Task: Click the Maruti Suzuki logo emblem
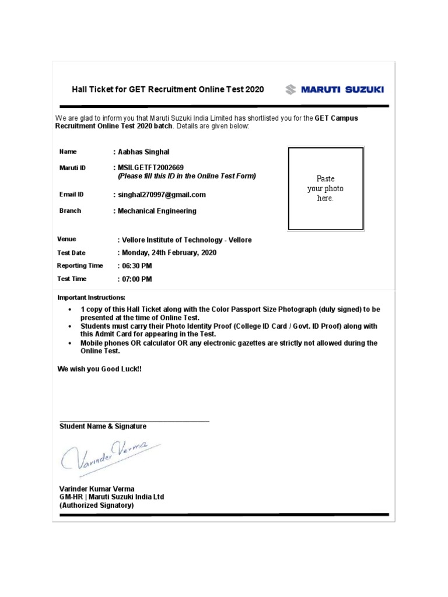(x=290, y=89)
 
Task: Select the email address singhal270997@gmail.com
(x=162, y=195)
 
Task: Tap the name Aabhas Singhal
(x=143, y=152)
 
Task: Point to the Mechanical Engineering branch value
(x=157, y=211)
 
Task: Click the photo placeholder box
(x=325, y=188)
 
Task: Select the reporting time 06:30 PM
(x=136, y=266)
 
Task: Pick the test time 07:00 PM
(x=136, y=279)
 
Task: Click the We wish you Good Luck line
(x=99, y=369)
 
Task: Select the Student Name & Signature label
(x=103, y=426)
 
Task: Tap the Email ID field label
(x=71, y=195)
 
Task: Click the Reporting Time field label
(x=80, y=266)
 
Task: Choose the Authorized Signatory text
(x=97, y=505)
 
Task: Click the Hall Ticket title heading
(x=168, y=89)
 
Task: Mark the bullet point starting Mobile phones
(x=71, y=343)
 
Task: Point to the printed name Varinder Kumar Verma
(x=97, y=489)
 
